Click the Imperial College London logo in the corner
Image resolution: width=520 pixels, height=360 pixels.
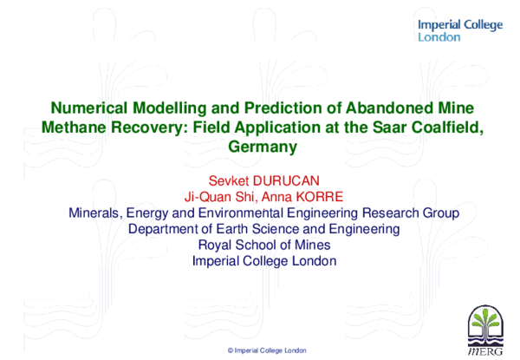pyautogui.click(x=459, y=31)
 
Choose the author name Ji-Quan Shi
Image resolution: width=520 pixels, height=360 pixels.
pyautogui.click(x=222, y=196)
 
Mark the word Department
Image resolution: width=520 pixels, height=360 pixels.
pyautogui.click(x=164, y=229)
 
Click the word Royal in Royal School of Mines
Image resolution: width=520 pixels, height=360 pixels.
pyautogui.click(x=216, y=245)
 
